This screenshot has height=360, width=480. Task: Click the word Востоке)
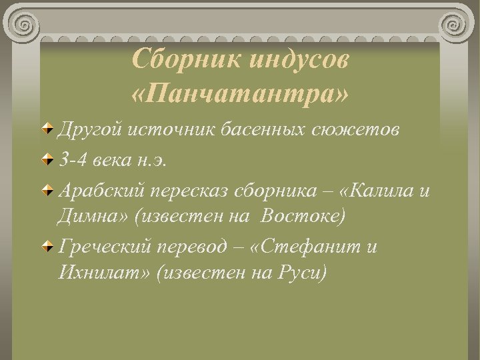[303, 216]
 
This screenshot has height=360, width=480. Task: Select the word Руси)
[301, 273]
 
